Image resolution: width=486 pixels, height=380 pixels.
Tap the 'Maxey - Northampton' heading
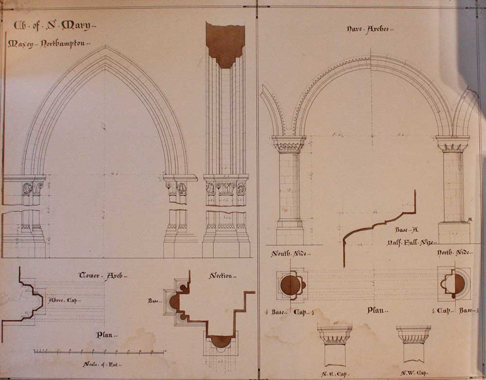click(x=49, y=44)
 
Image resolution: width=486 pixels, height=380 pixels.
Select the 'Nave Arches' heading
click(x=370, y=29)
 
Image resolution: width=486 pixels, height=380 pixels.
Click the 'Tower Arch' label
click(x=103, y=276)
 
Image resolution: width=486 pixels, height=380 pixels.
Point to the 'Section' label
click(x=223, y=276)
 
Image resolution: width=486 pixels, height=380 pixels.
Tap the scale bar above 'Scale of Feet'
click(x=99, y=351)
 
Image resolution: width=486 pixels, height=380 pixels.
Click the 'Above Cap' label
click(x=65, y=300)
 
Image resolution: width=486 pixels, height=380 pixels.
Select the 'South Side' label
click(x=291, y=253)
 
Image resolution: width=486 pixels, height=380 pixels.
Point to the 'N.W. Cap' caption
click(x=414, y=373)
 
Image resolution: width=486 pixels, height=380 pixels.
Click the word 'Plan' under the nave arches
click(x=376, y=310)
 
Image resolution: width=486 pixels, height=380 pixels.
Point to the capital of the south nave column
click(x=289, y=143)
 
